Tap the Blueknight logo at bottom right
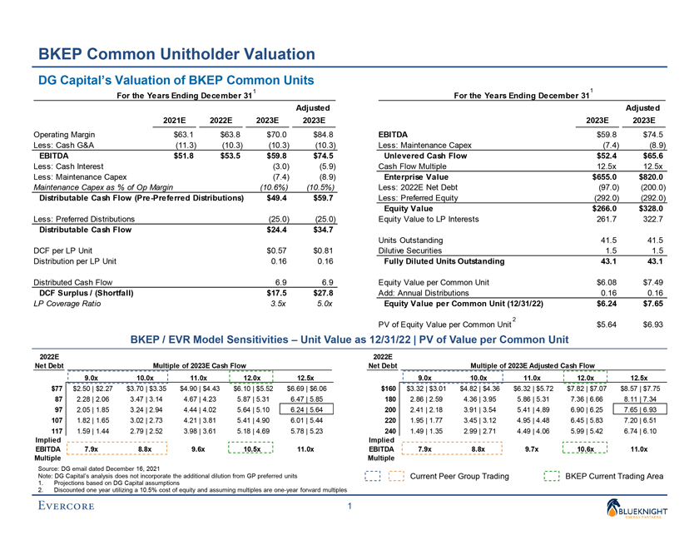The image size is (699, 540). tap(652, 512)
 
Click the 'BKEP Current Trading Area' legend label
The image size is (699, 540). tap(614, 476)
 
